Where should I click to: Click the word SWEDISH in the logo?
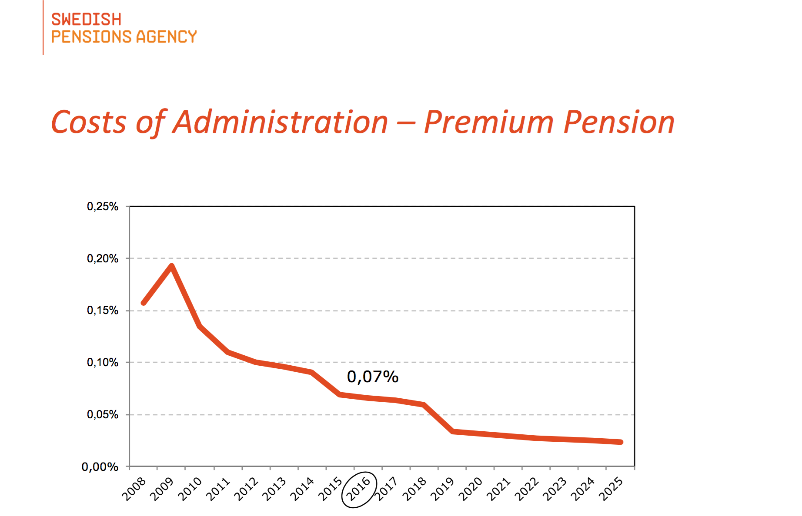(86, 20)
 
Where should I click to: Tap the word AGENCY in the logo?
(166, 37)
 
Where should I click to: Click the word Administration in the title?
(281, 122)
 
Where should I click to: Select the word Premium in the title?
(488, 122)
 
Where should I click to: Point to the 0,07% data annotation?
(372, 377)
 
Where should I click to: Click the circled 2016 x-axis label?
(359, 489)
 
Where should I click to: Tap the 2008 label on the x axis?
(134, 489)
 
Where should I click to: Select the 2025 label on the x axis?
(611, 489)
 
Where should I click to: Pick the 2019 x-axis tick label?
(442, 489)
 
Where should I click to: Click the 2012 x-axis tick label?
(246, 489)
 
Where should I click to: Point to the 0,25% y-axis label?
(103, 206)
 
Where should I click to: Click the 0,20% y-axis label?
(103, 258)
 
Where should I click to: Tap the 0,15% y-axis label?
(103, 311)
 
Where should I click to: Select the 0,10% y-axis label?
(103, 362)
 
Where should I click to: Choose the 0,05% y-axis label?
(103, 414)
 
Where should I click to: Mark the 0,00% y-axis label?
(100, 467)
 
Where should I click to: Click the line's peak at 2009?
(171, 266)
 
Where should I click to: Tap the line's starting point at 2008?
(144, 303)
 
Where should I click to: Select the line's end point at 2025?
(620, 442)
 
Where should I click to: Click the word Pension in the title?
(618, 122)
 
